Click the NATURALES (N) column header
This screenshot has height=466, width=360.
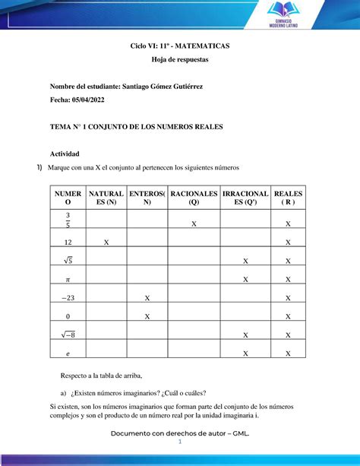[106, 198]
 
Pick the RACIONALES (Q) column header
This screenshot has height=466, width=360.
[194, 198]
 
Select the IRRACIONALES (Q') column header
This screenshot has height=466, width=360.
[245, 198]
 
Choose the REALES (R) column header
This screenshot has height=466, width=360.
[288, 198]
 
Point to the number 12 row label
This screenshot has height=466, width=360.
[68, 243]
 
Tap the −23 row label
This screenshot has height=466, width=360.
[68, 297]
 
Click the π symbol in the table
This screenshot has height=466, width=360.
[68, 279]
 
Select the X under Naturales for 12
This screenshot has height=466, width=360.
[106, 243]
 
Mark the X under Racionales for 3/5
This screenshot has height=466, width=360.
[194, 224]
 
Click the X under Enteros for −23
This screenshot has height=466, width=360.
[147, 297]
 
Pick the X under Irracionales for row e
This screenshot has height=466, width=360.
[245, 353]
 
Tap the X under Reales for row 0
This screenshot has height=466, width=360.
[288, 316]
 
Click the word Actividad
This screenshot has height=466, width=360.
[64, 154]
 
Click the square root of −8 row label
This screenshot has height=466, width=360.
[68, 334]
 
